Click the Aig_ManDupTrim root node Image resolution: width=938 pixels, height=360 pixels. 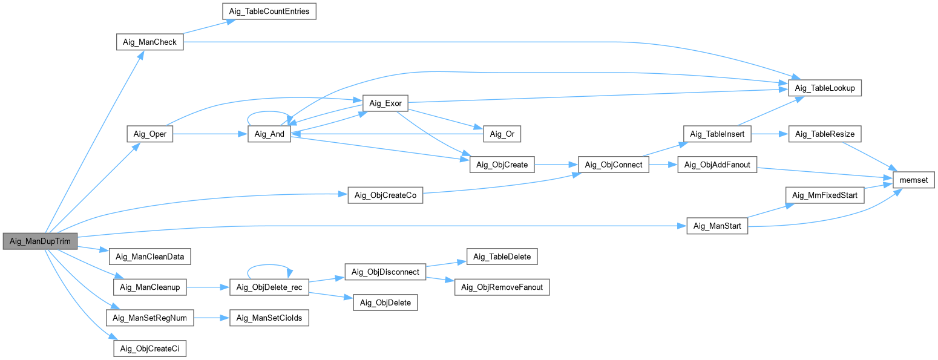point(40,241)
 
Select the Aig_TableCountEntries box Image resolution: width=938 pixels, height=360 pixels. point(269,11)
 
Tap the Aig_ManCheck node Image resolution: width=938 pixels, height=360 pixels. point(149,42)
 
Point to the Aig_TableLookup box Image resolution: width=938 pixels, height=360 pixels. point(825,88)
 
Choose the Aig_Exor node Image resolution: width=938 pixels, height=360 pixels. point(385,103)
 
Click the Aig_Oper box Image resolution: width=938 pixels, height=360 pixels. point(150,134)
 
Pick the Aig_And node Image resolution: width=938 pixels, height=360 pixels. point(270,134)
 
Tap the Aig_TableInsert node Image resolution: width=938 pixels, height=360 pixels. point(717,134)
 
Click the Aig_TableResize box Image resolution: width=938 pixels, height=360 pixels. point(825,134)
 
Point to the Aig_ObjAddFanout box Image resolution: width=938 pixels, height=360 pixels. point(717,165)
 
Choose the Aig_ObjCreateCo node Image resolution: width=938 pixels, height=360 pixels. point(385,195)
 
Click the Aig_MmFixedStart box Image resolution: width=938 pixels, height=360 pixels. point(825,195)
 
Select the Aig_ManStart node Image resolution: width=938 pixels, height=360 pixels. point(717,226)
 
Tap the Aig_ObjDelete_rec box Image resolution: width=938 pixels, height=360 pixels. point(270,287)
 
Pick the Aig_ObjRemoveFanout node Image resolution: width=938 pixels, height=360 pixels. point(502,287)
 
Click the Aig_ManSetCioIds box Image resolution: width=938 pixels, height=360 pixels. point(269,318)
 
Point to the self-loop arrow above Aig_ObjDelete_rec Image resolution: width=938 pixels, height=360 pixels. point(270,266)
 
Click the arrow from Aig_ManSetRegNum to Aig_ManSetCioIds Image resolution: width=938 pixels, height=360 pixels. point(215,318)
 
